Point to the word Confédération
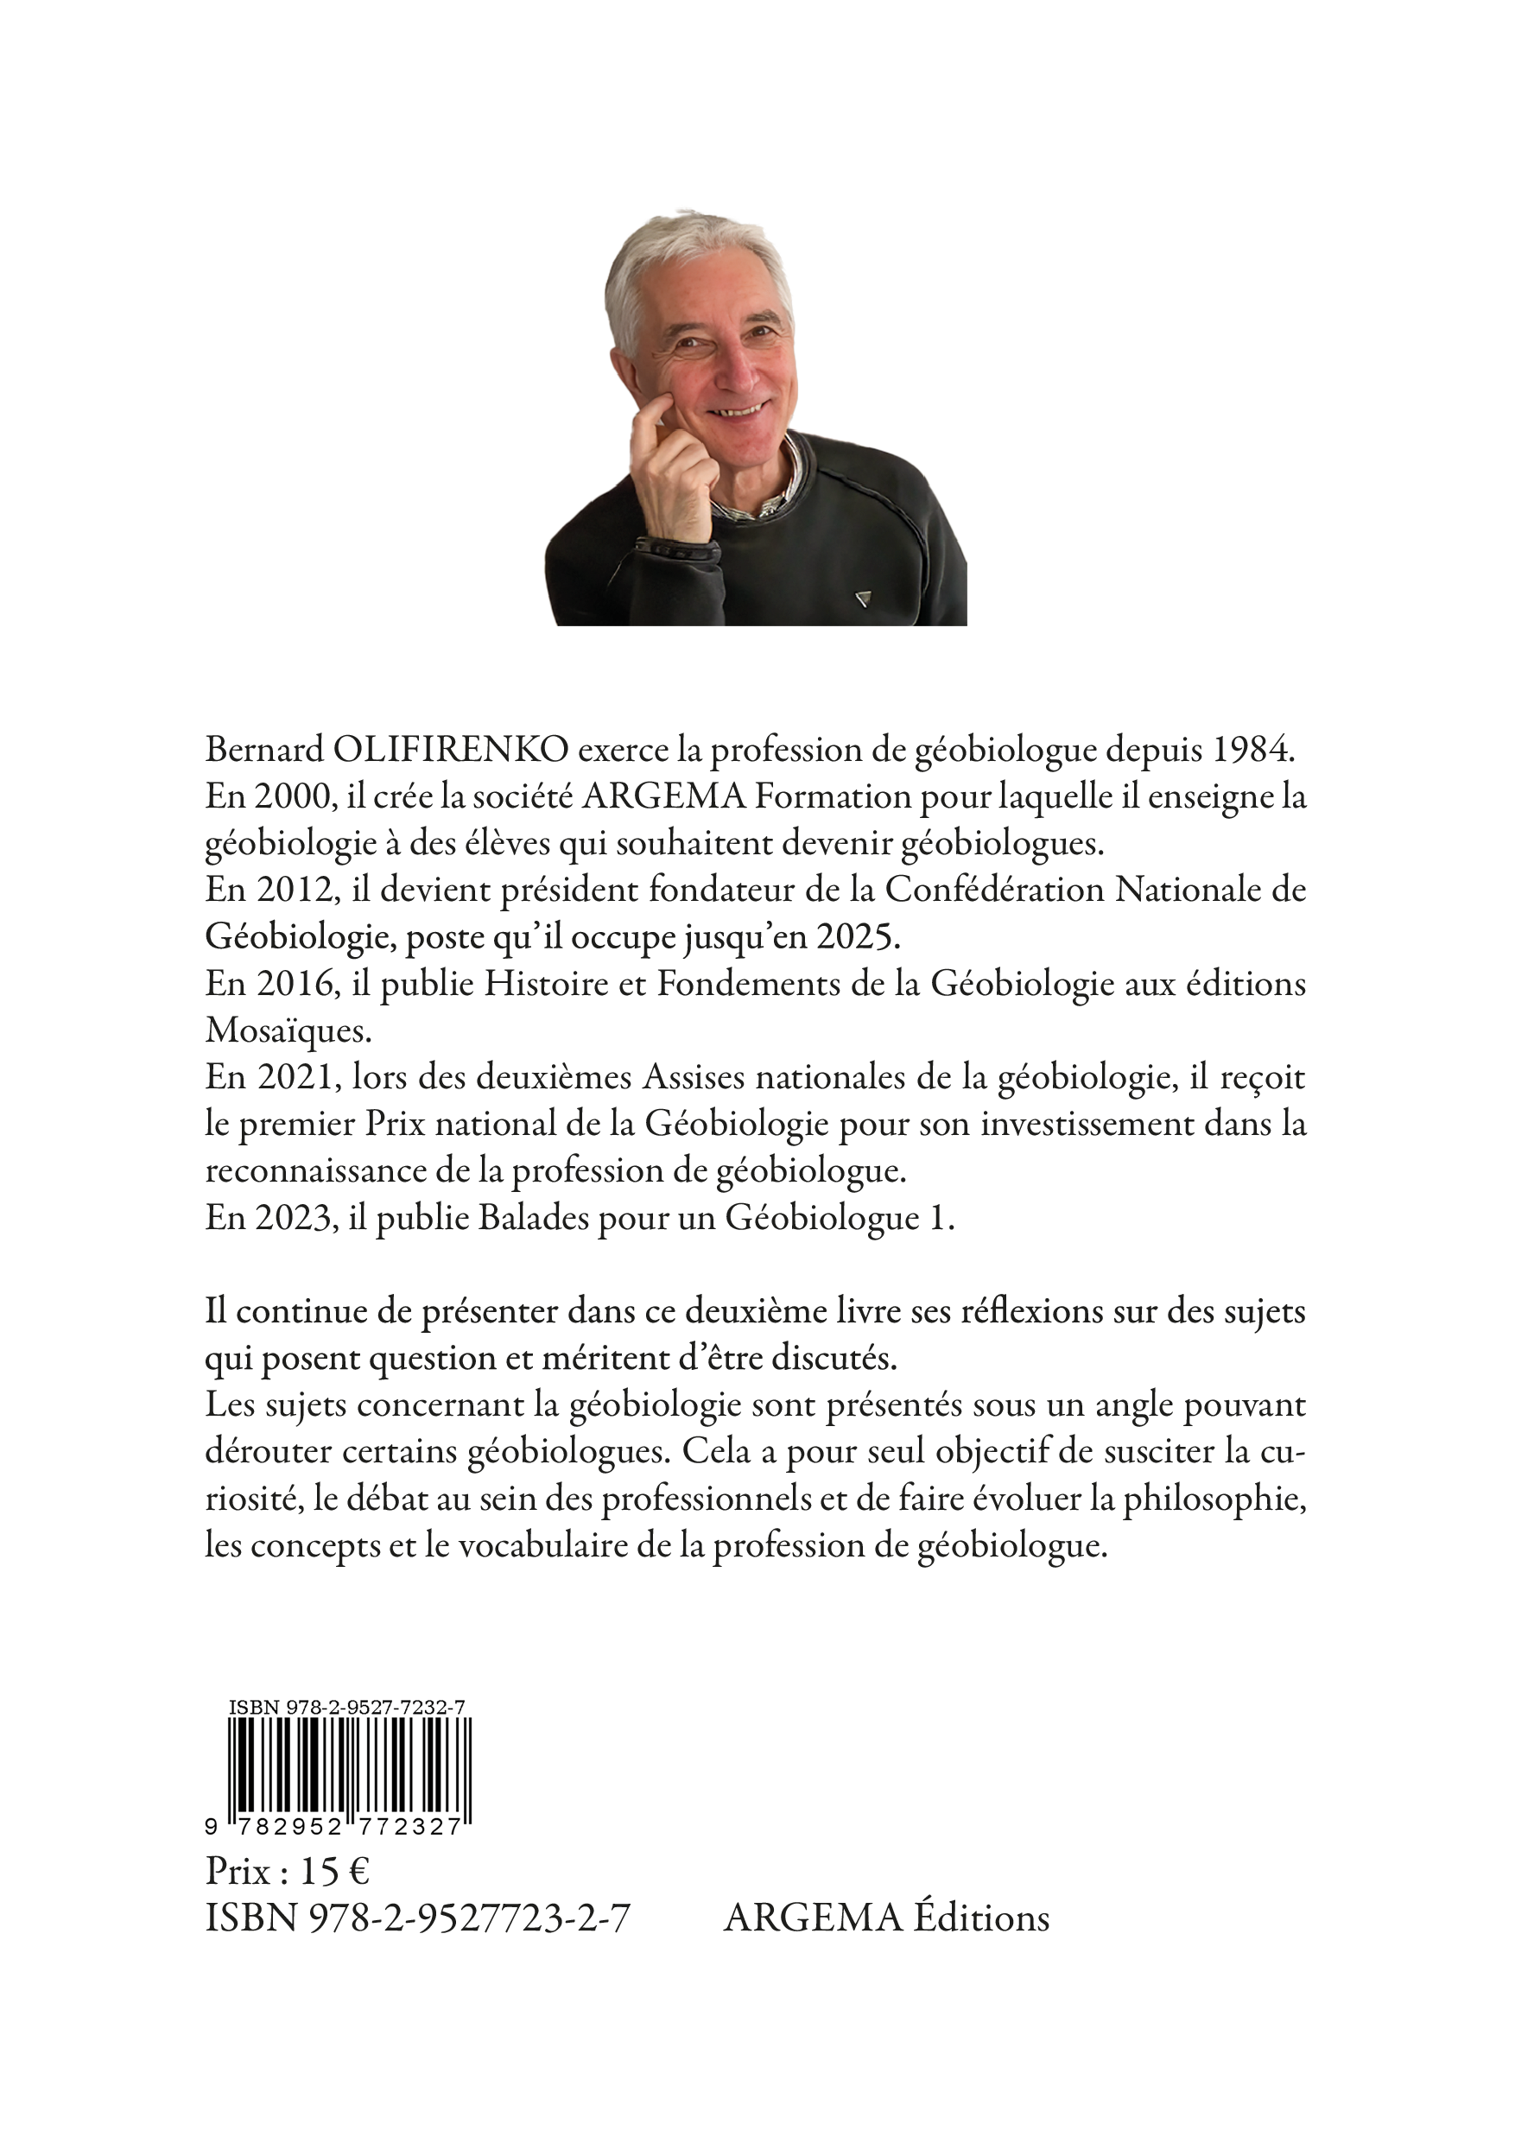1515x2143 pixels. coord(993,891)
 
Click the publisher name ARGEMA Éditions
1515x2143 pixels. coord(886,1916)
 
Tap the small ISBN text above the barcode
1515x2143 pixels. coord(347,1707)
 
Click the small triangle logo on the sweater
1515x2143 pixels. coord(861,599)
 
